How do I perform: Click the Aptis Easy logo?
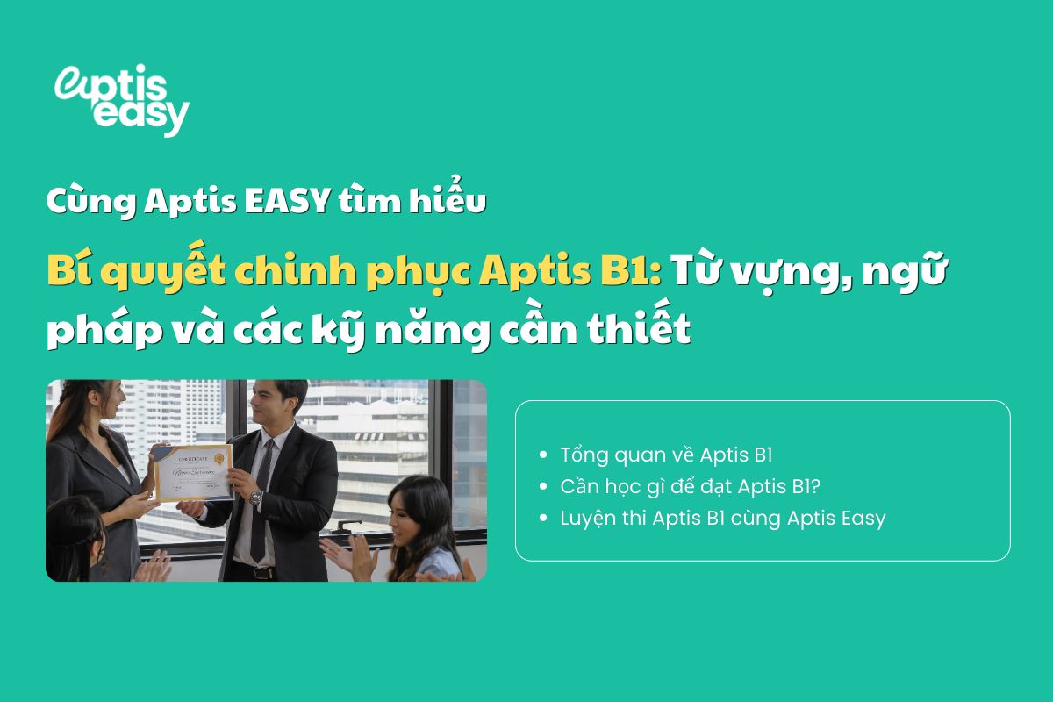(121, 99)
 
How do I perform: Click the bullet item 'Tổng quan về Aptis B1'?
(666, 455)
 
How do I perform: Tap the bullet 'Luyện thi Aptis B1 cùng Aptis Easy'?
(722, 518)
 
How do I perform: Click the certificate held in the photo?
(192, 471)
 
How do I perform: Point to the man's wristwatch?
(256, 497)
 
